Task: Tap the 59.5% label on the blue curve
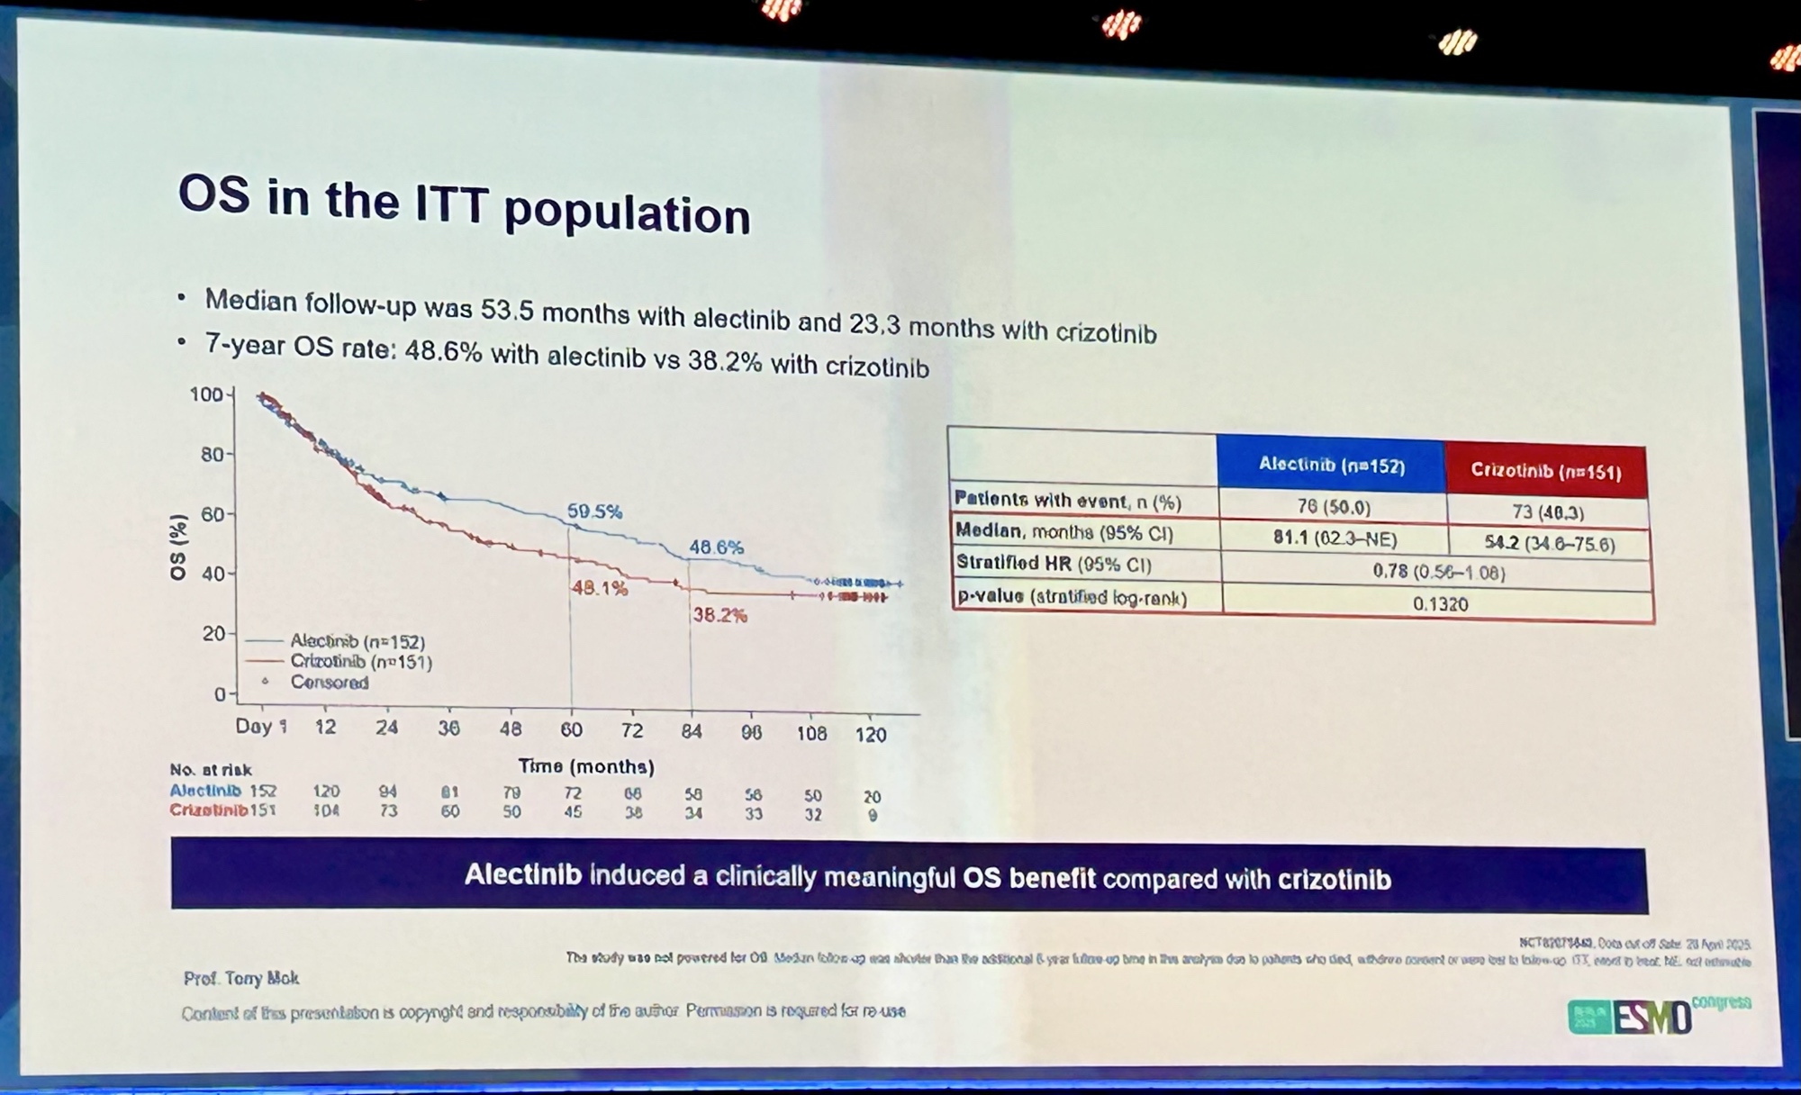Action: click(594, 511)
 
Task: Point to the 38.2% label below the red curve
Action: click(719, 616)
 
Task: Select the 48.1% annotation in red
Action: click(599, 588)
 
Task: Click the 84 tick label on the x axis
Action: click(692, 731)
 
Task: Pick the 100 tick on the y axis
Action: click(206, 394)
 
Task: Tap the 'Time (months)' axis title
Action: click(586, 766)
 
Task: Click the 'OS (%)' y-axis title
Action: click(178, 547)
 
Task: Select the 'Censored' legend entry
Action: click(329, 683)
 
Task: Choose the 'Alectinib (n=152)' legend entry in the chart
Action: click(357, 641)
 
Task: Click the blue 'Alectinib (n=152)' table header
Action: click(1331, 465)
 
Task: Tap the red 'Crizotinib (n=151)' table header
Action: click(1545, 471)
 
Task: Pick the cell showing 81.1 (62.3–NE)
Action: click(1335, 538)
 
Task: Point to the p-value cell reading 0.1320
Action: click(1440, 603)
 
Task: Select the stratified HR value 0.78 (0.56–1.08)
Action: click(1438, 572)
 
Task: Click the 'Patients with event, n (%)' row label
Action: click(1067, 501)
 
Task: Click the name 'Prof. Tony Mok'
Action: click(241, 978)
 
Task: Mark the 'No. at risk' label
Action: click(211, 770)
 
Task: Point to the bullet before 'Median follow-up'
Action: click(182, 296)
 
